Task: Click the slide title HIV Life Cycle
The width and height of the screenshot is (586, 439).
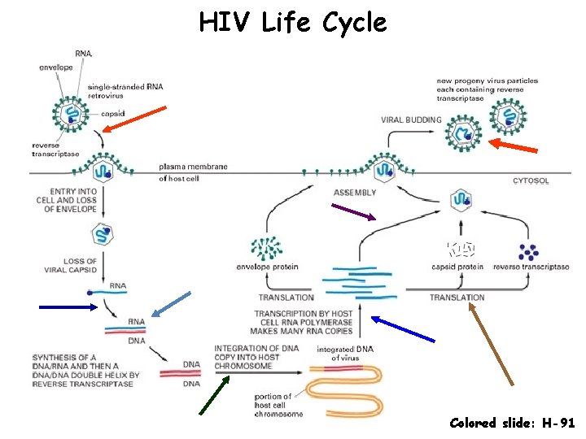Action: (x=292, y=22)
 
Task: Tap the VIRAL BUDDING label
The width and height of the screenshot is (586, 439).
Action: (x=411, y=120)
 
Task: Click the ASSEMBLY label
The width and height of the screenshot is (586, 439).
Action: (x=355, y=193)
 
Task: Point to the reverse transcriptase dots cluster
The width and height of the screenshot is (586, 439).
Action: (x=529, y=251)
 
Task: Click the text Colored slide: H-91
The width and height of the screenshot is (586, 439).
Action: (x=512, y=423)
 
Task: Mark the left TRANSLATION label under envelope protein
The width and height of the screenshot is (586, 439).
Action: (x=286, y=298)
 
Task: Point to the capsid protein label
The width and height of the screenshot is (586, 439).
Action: (x=457, y=267)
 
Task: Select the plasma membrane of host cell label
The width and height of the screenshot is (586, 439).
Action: (x=193, y=172)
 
